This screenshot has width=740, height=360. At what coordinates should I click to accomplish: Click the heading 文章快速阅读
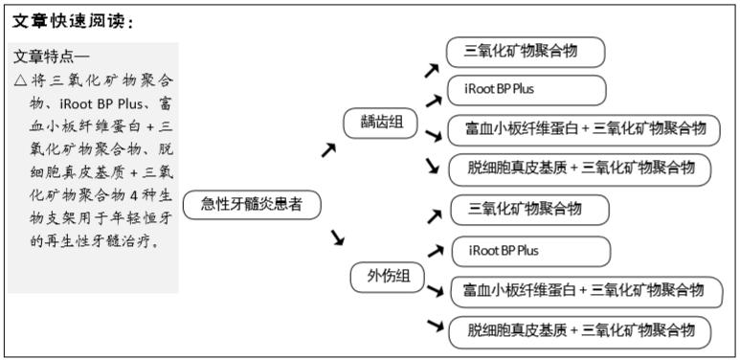(72, 20)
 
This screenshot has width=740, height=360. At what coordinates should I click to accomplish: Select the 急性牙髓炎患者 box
(251, 204)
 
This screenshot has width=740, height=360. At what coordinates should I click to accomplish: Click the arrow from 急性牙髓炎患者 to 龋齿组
(328, 149)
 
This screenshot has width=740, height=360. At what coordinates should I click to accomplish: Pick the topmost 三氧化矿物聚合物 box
(527, 52)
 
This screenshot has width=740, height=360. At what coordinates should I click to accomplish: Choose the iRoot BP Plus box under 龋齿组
(527, 90)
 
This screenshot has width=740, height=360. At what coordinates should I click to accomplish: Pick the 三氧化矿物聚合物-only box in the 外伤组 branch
(529, 208)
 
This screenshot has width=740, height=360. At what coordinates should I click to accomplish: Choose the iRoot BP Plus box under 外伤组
(530, 251)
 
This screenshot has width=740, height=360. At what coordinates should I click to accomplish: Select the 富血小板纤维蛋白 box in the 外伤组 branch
(584, 290)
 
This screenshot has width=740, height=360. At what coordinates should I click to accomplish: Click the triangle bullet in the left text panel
(20, 80)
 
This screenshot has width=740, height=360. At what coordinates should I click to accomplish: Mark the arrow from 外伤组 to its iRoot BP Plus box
(435, 252)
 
